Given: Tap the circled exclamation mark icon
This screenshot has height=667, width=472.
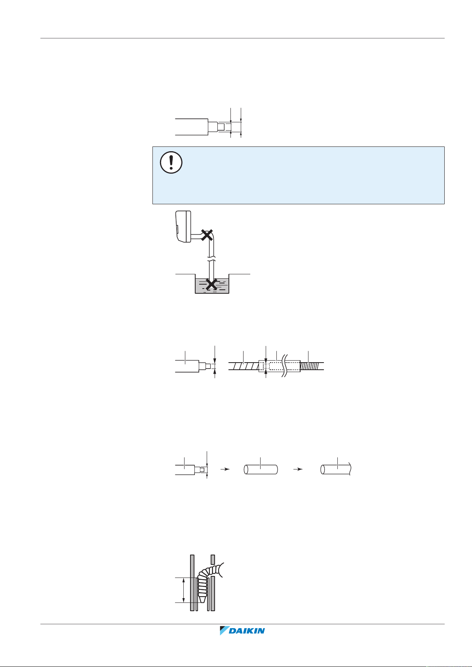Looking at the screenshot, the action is tap(171, 162).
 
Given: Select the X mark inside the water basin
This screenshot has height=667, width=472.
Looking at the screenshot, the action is tap(212, 283).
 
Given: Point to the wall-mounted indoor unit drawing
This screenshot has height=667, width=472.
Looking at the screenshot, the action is tap(183, 228).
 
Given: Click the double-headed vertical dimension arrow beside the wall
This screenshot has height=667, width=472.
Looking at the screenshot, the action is tap(183, 590).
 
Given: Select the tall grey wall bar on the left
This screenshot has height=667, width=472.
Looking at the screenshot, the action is tap(192, 582).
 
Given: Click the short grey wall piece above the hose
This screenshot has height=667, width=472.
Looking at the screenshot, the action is tap(213, 559).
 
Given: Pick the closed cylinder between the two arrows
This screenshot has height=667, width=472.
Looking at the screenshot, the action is tap(261, 469).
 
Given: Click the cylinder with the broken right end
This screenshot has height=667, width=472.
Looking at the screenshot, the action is tap(336, 469).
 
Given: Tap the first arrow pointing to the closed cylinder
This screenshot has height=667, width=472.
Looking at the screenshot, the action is tap(225, 469).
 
